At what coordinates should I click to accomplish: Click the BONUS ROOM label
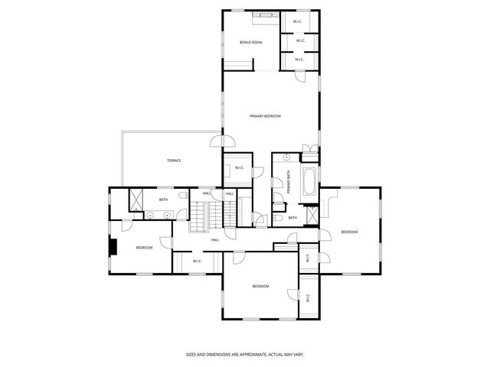(x=250, y=42)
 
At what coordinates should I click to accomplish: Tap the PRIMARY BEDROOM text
(x=266, y=115)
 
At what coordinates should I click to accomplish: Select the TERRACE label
(x=174, y=161)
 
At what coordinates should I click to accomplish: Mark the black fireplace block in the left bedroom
(x=113, y=248)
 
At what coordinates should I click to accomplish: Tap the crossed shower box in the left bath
(x=136, y=200)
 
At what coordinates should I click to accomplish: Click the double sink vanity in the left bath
(x=158, y=216)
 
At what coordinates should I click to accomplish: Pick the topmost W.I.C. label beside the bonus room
(x=299, y=21)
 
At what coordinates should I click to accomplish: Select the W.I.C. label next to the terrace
(x=239, y=168)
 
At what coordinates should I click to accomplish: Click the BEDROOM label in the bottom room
(x=261, y=286)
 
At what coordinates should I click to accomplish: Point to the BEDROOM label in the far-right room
(x=349, y=232)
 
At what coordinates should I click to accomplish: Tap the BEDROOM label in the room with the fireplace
(x=144, y=248)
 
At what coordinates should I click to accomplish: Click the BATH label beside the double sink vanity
(x=163, y=200)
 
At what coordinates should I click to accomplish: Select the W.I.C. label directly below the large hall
(x=197, y=261)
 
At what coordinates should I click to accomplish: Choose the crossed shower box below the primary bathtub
(x=312, y=215)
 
